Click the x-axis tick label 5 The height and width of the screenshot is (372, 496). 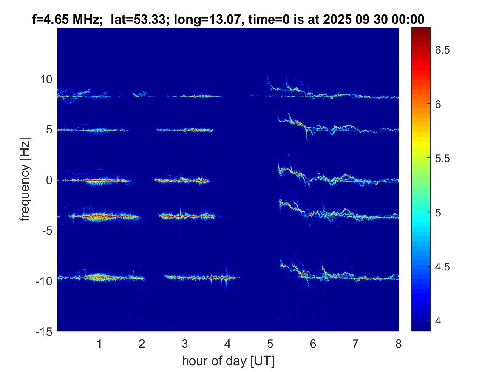(270, 344)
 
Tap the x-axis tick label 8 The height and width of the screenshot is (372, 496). (398, 344)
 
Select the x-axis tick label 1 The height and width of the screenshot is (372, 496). (99, 344)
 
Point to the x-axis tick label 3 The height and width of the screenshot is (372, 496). (184, 344)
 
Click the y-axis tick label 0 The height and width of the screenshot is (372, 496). (49, 180)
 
